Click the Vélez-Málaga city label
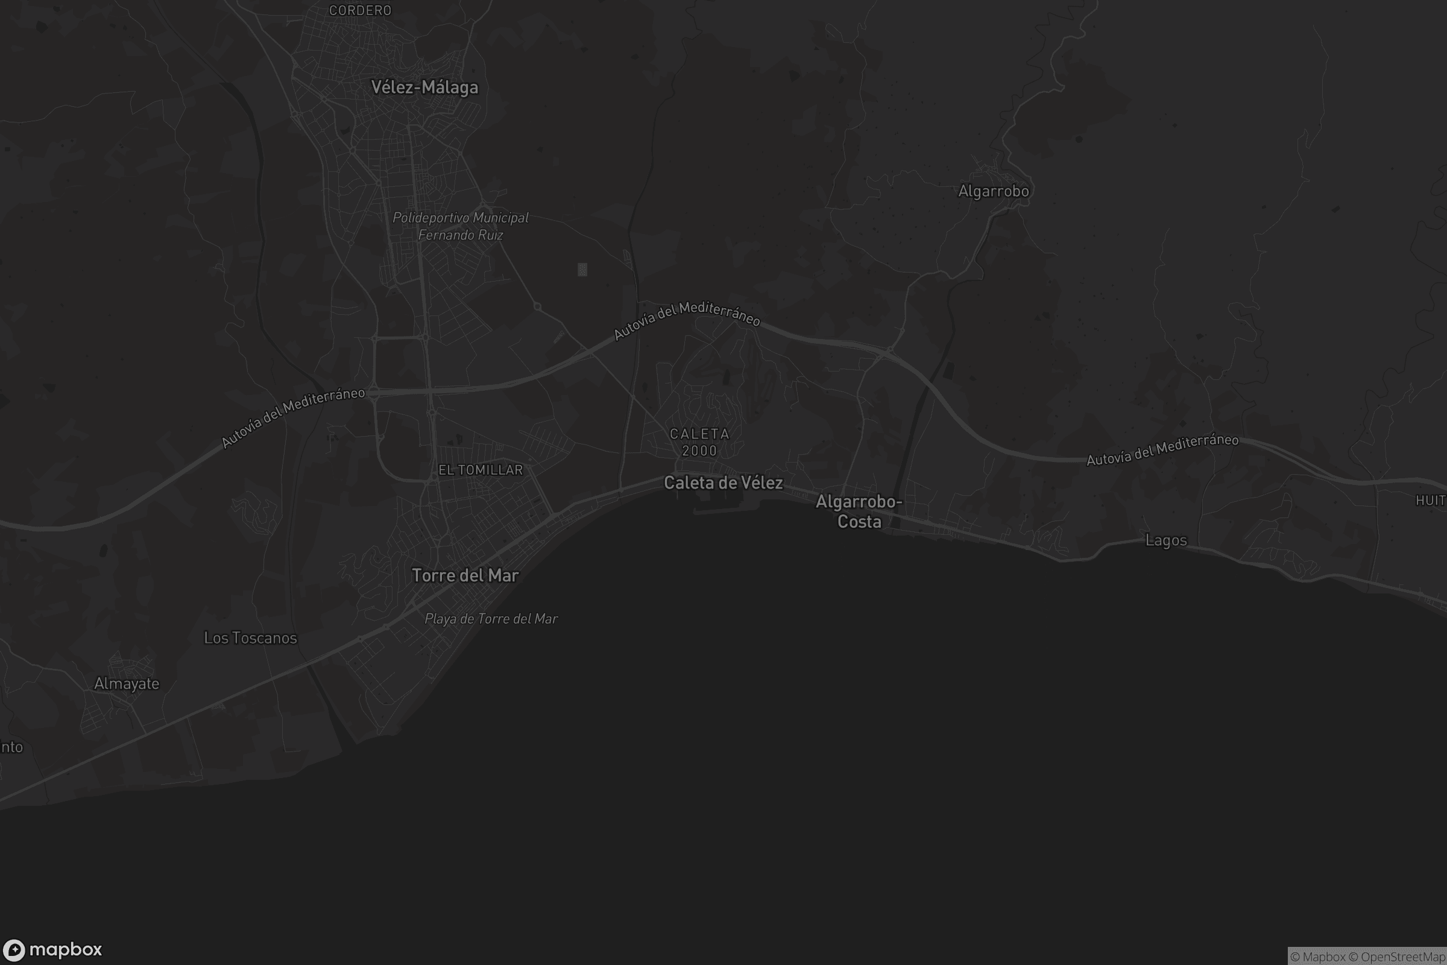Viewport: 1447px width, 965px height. (424, 87)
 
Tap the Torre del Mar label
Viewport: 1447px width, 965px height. (465, 575)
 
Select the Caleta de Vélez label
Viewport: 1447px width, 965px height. (723, 482)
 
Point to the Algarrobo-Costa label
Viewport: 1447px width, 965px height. (859, 511)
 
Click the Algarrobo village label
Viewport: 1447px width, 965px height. (993, 191)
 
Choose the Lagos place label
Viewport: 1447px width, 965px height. (1166, 540)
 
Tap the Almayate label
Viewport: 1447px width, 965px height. (127, 684)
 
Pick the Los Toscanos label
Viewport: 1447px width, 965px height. (250, 638)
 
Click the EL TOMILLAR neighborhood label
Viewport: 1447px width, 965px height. (481, 470)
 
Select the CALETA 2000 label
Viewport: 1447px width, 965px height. (699, 443)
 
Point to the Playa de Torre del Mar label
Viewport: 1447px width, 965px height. (491, 619)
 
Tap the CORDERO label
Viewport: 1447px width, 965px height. (360, 10)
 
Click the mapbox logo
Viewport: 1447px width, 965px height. (52, 949)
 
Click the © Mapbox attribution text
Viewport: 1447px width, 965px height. (1318, 957)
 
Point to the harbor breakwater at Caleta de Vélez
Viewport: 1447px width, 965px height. (720, 511)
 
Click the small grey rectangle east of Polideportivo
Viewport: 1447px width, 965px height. (582, 270)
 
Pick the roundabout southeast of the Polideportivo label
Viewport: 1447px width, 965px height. (537, 306)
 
